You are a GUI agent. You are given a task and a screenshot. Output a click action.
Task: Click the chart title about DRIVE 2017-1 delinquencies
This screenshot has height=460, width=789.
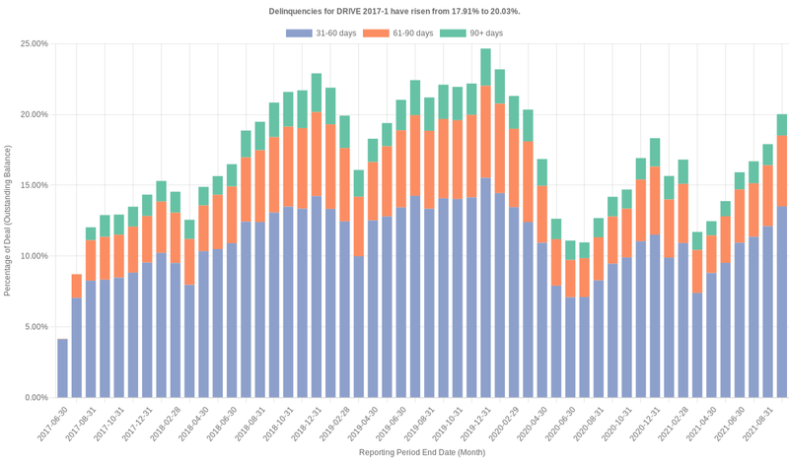pyautogui.click(x=394, y=11)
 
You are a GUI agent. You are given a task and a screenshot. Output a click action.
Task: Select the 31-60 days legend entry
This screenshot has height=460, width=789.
pyautogui.click(x=322, y=33)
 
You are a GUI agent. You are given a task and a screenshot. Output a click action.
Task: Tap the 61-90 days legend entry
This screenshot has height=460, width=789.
pyautogui.click(x=398, y=33)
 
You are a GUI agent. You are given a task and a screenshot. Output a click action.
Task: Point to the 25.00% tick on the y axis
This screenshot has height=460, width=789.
pyautogui.click(x=34, y=44)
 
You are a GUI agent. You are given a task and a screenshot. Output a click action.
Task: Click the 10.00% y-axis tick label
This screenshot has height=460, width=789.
pyautogui.click(x=34, y=256)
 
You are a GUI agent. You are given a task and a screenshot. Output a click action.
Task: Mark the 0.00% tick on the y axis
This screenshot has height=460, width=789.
pyautogui.click(x=36, y=398)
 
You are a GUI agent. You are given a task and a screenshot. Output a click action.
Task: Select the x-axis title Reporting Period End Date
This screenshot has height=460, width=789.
pyautogui.click(x=421, y=452)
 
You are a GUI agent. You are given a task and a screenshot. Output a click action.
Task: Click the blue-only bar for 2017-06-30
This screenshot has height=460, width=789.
pyautogui.click(x=62, y=368)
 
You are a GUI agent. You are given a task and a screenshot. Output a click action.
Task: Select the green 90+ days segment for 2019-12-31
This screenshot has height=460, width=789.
pyautogui.click(x=485, y=67)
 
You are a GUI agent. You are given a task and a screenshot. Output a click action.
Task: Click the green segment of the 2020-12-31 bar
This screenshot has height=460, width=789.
pyautogui.click(x=655, y=152)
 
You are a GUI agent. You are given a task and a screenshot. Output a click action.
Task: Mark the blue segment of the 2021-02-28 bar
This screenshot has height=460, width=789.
pyautogui.click(x=697, y=345)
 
